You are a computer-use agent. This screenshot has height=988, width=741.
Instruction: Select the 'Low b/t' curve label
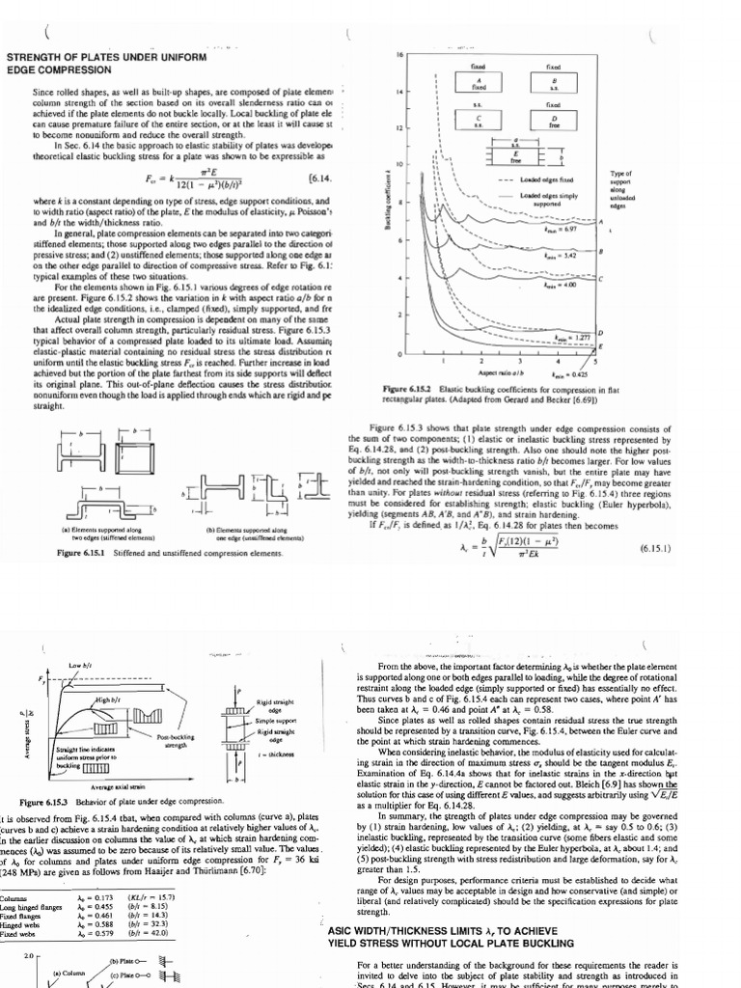pyautogui.click(x=79, y=666)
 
